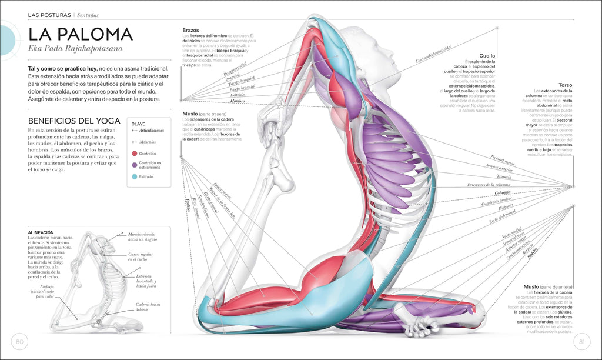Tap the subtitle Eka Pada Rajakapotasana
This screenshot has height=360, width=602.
[75, 49]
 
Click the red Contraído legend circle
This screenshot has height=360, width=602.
[135, 154]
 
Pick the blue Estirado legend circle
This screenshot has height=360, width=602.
[135, 176]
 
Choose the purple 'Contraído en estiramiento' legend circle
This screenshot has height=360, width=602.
[135, 165]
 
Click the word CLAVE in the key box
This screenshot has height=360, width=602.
[138, 124]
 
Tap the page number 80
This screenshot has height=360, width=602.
[20, 341]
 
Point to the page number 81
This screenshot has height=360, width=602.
[581, 341]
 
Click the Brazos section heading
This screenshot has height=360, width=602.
[190, 30]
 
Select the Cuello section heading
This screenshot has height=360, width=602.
[487, 56]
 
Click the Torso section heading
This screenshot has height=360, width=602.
[565, 85]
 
